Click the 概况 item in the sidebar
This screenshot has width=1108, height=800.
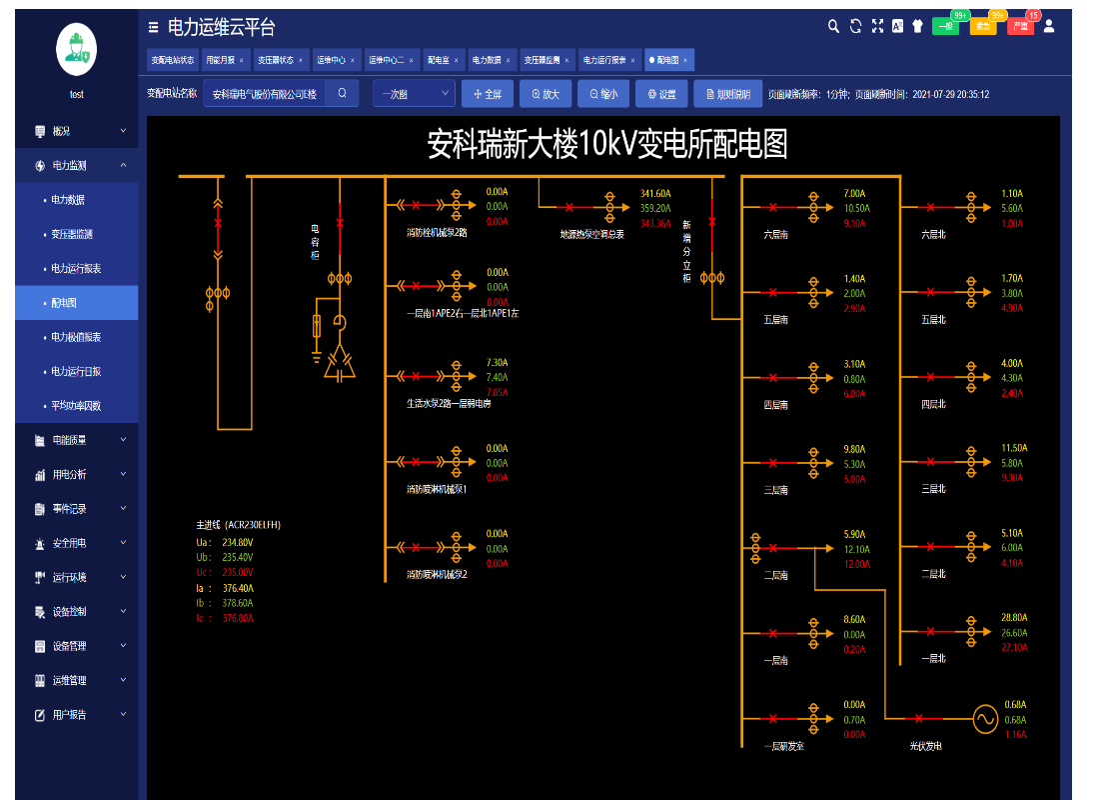(61, 131)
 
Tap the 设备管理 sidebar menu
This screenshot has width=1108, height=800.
(69, 646)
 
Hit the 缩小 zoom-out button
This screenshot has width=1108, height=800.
(603, 94)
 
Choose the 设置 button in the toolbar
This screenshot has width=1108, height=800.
(661, 94)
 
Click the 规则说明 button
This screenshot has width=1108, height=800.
(727, 94)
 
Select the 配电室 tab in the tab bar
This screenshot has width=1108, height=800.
(439, 60)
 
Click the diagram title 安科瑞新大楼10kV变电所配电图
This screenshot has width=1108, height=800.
(607, 145)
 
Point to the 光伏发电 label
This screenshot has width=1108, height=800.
(925, 746)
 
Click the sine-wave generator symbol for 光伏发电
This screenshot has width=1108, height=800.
(984, 718)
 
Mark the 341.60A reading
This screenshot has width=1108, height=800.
(655, 194)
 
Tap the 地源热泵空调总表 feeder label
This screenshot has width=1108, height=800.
(592, 235)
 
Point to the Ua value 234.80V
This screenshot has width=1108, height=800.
(238, 542)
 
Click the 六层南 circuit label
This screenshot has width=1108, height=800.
(776, 235)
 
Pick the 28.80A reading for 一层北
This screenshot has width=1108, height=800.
(1014, 618)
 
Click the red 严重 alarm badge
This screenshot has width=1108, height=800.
(1020, 27)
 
